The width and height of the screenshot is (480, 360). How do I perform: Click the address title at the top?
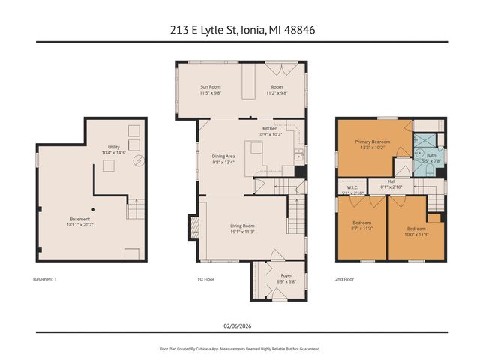click(x=240, y=30)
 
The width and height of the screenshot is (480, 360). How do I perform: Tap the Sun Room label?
click(x=210, y=88)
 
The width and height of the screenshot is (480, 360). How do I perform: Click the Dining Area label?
click(x=224, y=156)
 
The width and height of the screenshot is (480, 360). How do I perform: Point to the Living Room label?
click(x=242, y=226)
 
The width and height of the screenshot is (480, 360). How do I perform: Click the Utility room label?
click(x=114, y=147)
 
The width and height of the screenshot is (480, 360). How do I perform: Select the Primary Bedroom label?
click(x=372, y=142)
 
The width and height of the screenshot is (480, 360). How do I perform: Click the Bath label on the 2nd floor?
click(x=431, y=155)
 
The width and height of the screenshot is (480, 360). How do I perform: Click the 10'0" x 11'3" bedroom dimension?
click(x=416, y=233)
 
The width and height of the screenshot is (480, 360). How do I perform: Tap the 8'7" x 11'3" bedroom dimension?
click(x=361, y=228)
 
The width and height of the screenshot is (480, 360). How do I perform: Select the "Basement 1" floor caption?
click(x=45, y=279)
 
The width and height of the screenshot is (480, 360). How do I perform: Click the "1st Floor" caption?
click(x=206, y=279)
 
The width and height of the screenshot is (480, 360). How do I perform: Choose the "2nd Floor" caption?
click(x=344, y=279)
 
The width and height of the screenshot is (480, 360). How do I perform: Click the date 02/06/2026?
click(x=240, y=324)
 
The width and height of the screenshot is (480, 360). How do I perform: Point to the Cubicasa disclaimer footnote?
click(x=240, y=349)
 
